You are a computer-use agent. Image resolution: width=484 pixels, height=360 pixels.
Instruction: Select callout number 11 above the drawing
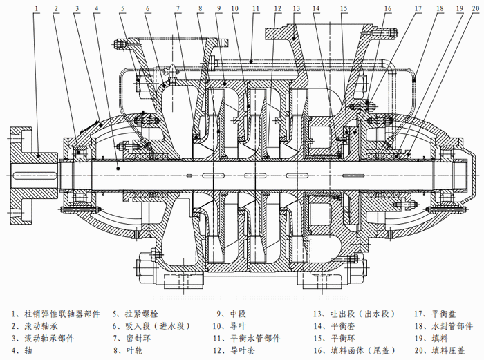pos(256,8)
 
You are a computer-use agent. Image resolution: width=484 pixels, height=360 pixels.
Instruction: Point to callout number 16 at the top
pos(388,8)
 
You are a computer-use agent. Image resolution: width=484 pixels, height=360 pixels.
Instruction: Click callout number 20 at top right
pos(471,8)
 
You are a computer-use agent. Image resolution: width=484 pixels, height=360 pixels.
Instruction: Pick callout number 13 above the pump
pos(297,8)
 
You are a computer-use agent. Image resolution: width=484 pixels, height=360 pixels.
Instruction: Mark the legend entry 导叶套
pos(245,351)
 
